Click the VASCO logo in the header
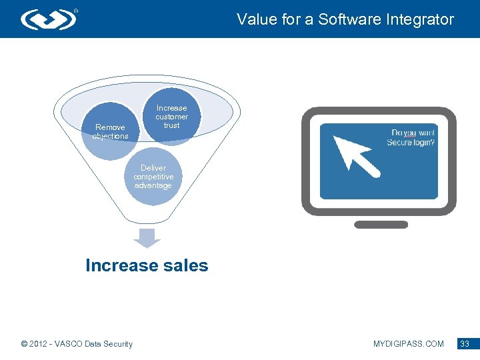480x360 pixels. point(48,19)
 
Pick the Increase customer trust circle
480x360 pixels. point(171,117)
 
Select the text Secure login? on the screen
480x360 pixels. point(411,143)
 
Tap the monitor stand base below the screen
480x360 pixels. point(380,225)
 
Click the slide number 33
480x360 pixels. point(465,344)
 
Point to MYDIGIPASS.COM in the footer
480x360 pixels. point(408,344)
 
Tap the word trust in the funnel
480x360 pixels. point(171,125)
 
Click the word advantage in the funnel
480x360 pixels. point(153,186)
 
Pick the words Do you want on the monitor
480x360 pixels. point(413,133)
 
